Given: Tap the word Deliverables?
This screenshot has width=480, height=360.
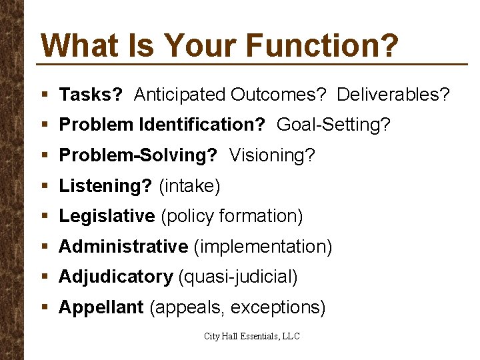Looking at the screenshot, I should [x=393, y=95].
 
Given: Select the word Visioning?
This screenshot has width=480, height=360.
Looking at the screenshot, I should [x=272, y=155].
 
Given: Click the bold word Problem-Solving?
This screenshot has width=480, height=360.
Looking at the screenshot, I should [x=138, y=155].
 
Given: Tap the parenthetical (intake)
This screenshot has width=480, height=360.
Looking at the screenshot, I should [x=189, y=186].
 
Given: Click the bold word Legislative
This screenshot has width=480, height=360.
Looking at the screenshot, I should [x=107, y=216].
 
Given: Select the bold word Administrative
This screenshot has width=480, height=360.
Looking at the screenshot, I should [x=123, y=247].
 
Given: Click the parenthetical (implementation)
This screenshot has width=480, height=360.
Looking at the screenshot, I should [x=263, y=247].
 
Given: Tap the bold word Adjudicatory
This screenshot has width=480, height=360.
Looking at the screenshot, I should [x=116, y=277].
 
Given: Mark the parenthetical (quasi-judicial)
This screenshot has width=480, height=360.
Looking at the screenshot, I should [x=238, y=277].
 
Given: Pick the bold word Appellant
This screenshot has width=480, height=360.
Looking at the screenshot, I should [x=101, y=307].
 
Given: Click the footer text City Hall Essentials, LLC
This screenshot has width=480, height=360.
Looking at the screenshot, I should [x=252, y=337].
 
